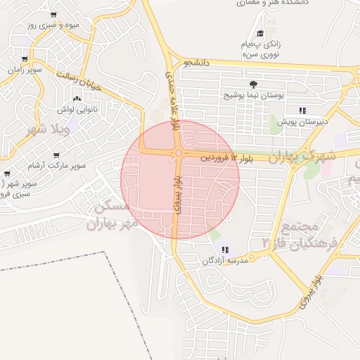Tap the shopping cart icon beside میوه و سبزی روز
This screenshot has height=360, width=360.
[54, 14]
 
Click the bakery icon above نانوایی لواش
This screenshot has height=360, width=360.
[77, 98]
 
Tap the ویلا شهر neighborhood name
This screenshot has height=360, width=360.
[46, 130]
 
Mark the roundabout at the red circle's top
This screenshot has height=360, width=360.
[179, 152]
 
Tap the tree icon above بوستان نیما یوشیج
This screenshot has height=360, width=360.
[252, 84]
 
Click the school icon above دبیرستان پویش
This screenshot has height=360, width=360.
[302, 110]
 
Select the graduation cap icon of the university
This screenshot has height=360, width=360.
[260, 33]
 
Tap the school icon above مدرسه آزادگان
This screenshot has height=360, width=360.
[224, 250]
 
